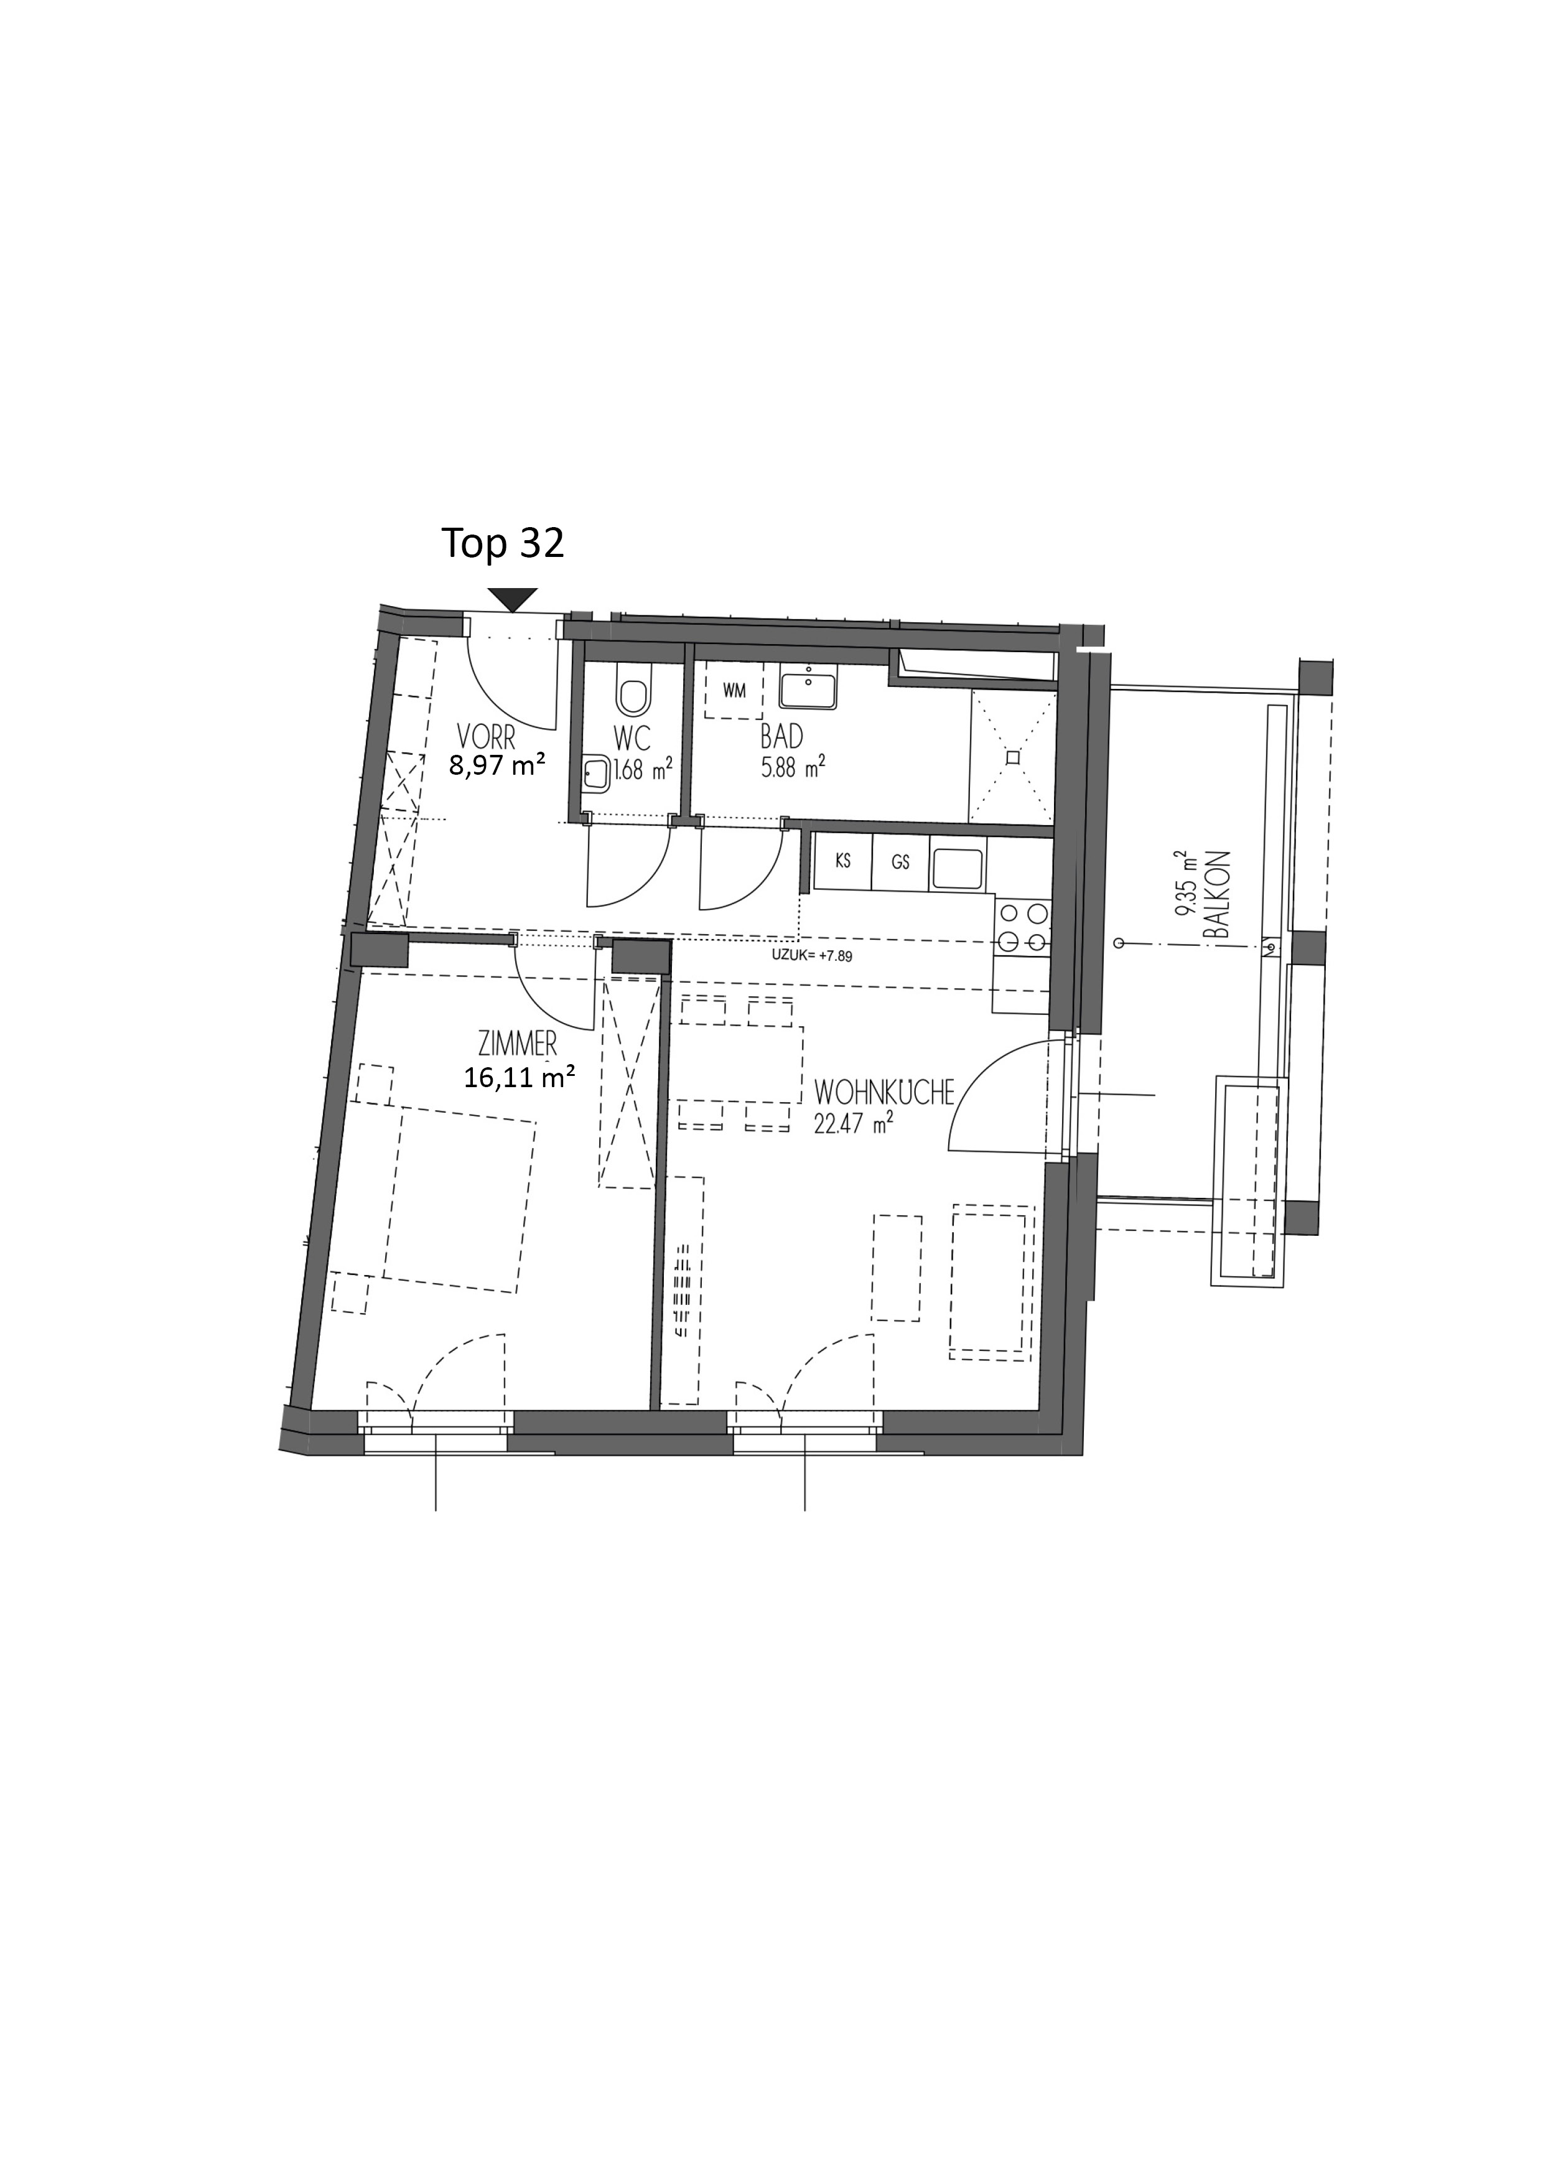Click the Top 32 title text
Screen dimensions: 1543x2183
pyautogui.click(x=503, y=544)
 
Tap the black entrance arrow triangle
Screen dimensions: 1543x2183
pyautogui.click(x=513, y=600)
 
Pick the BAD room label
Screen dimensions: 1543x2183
pyautogui.click(x=781, y=737)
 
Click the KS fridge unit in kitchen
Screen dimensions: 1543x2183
pyautogui.click(x=842, y=863)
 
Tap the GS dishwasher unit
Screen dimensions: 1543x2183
pyautogui.click(x=900, y=863)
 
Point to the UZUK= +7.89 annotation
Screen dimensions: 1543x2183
pyautogui.click(x=813, y=956)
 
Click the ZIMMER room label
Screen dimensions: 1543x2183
pyautogui.click(x=518, y=1045)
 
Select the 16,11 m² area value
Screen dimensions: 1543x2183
pyautogui.click(x=519, y=1077)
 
